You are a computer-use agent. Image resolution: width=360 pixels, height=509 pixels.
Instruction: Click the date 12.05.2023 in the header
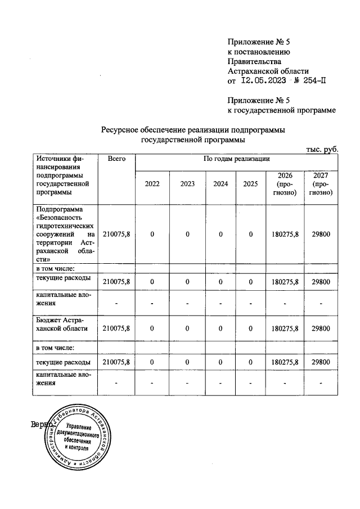(x=263, y=81)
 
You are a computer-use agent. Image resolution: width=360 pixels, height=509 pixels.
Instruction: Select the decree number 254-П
(x=312, y=81)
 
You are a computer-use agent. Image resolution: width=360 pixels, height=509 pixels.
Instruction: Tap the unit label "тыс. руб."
(x=322, y=149)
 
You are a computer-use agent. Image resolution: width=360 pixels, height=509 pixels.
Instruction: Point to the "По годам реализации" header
(x=236, y=160)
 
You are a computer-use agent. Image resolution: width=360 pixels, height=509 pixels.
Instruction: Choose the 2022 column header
(x=152, y=184)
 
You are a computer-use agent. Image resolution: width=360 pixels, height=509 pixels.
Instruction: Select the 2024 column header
(x=220, y=184)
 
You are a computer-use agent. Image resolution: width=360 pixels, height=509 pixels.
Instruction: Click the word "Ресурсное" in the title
(x=119, y=130)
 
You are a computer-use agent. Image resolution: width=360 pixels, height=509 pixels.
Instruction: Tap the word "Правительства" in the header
(x=252, y=61)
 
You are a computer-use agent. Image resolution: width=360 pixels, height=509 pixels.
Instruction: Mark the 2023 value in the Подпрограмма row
(x=187, y=234)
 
